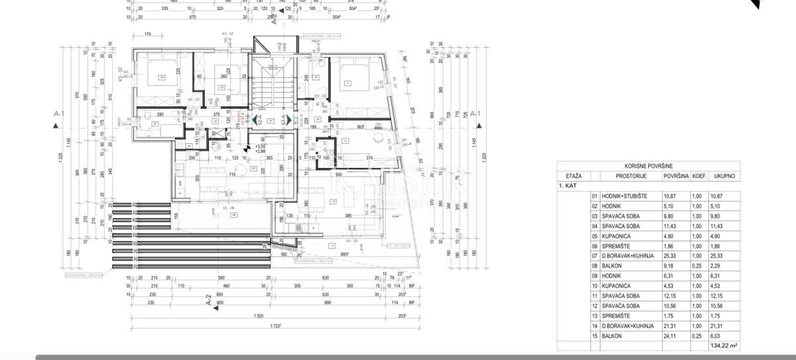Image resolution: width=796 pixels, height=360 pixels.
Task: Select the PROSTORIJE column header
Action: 628,176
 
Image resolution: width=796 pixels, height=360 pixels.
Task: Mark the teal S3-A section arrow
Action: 290,120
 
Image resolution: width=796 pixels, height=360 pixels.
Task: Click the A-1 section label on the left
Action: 58,113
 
